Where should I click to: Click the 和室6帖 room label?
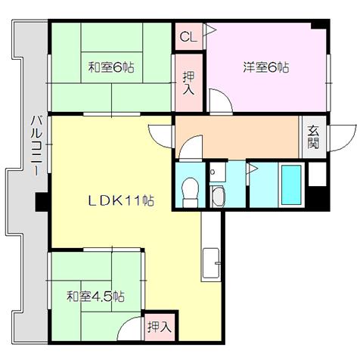[111, 67]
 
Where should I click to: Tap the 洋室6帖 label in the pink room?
[266, 67]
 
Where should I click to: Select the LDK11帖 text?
[121, 201]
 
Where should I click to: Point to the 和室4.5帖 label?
[95, 296]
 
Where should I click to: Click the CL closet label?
[188, 37]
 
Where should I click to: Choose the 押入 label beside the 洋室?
[188, 83]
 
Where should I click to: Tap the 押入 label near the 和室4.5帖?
[160, 327]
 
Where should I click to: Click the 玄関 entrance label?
[313, 137]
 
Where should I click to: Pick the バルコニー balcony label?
[36, 146]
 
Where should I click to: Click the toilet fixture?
[191, 192]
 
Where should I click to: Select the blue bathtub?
[291, 185]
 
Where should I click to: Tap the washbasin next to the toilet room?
[219, 197]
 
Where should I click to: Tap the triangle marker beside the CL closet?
[211, 30]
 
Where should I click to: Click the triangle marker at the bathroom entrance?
[253, 168]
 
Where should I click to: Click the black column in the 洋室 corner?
[319, 25]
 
